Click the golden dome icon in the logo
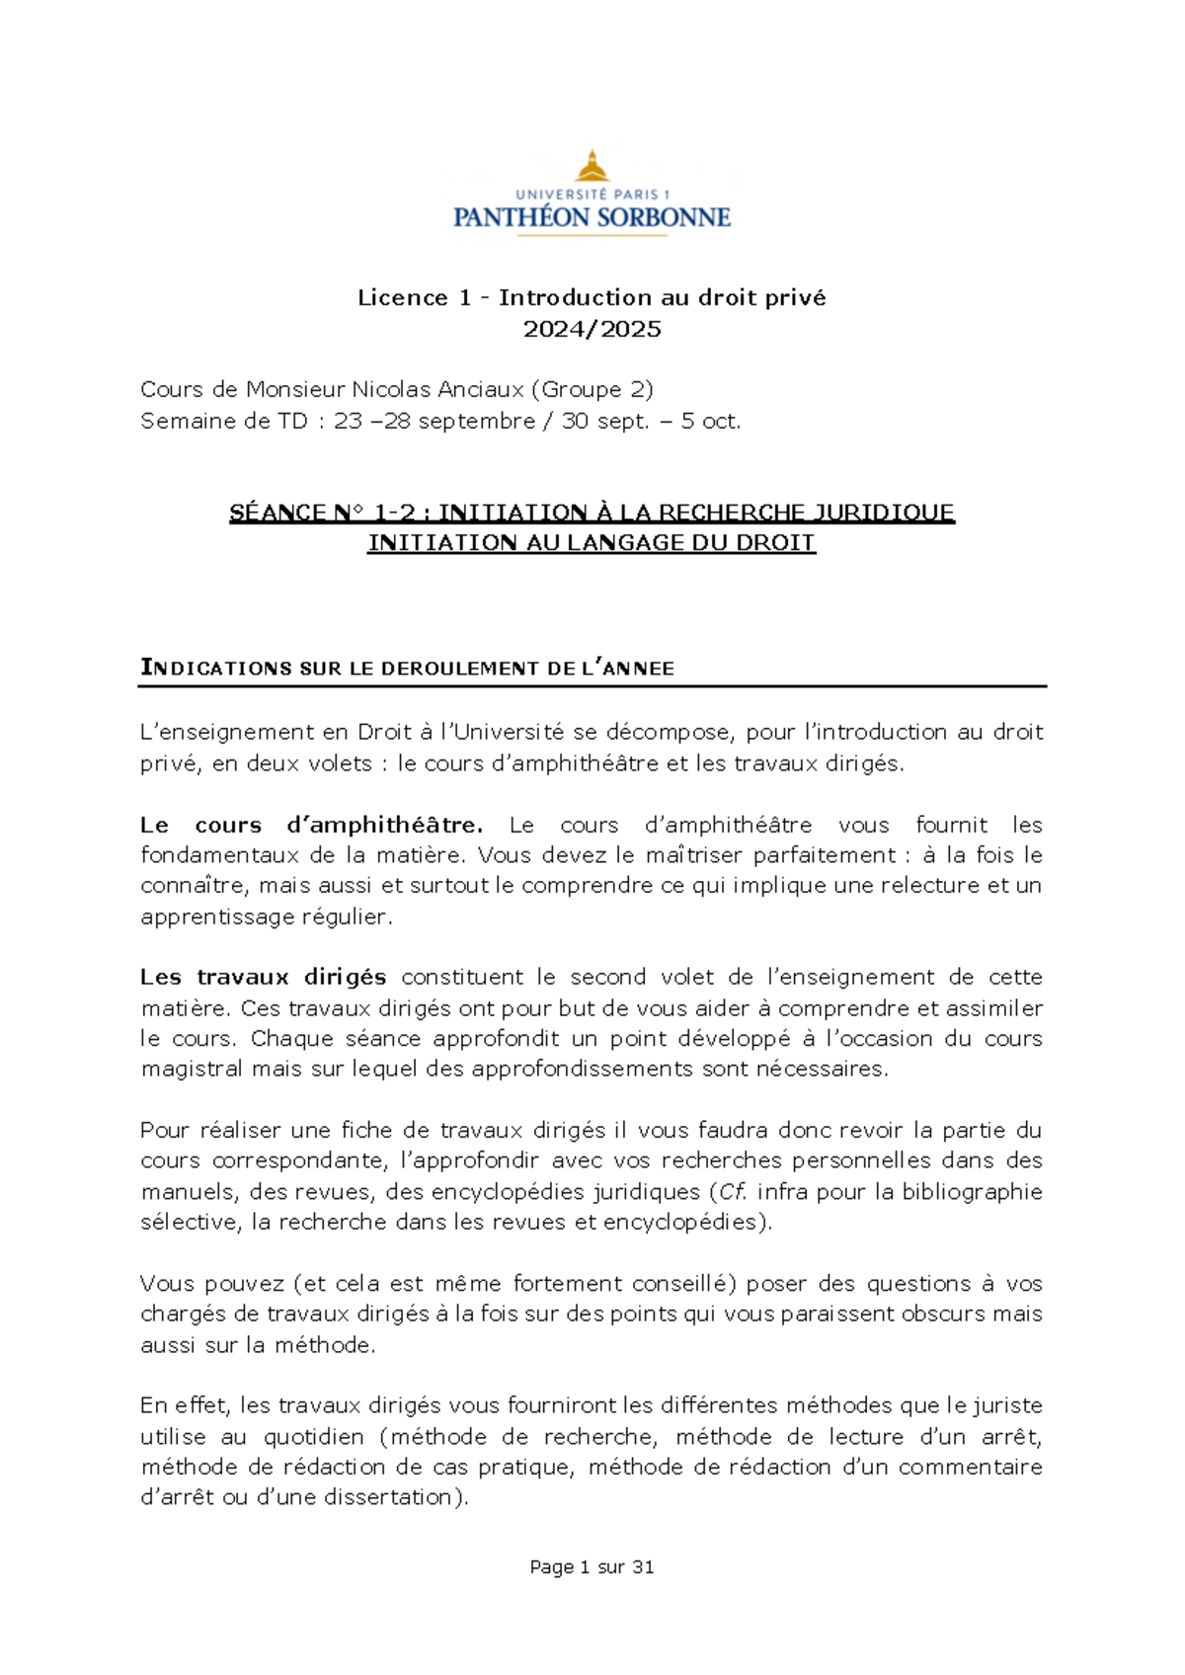click(592, 166)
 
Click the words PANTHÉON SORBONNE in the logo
click(592, 217)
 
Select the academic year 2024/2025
click(592, 329)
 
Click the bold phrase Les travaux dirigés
click(263, 977)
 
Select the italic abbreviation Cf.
click(732, 1191)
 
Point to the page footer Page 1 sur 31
click(592, 1566)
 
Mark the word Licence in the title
click(403, 297)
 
